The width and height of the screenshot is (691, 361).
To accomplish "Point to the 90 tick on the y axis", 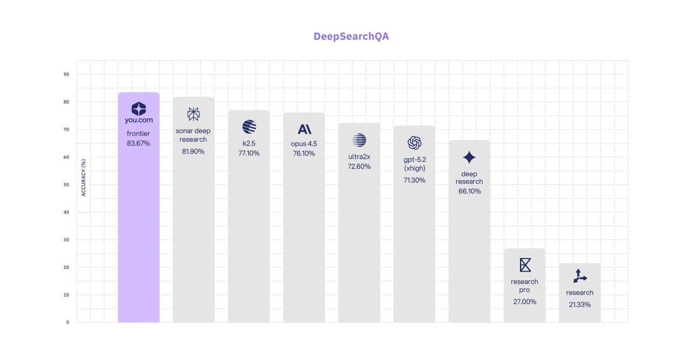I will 66,74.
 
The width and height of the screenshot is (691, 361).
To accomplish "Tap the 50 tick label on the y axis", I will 66,185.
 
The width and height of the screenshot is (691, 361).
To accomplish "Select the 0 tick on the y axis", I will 67,322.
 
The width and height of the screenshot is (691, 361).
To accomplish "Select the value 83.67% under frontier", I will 138,143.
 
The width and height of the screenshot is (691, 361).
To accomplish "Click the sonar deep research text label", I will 193,135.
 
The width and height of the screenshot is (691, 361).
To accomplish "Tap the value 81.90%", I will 193,151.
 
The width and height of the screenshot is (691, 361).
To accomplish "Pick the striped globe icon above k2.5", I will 249,127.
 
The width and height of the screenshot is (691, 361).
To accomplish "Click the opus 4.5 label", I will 304,143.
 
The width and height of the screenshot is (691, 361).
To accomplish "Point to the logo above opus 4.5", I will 304,129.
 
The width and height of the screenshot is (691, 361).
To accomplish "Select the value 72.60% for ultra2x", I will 359,166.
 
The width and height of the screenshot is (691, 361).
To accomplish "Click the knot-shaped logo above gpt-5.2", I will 415,142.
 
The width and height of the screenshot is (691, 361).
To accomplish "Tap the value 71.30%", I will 415,180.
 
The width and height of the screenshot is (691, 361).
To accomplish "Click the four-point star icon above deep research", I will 469,157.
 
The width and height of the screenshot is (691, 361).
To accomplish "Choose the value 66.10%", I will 469,191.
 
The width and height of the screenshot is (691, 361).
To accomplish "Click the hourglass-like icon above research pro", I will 525,265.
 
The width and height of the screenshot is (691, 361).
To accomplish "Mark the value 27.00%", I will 525,301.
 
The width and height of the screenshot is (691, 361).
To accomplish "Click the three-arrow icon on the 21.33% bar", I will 579,277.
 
